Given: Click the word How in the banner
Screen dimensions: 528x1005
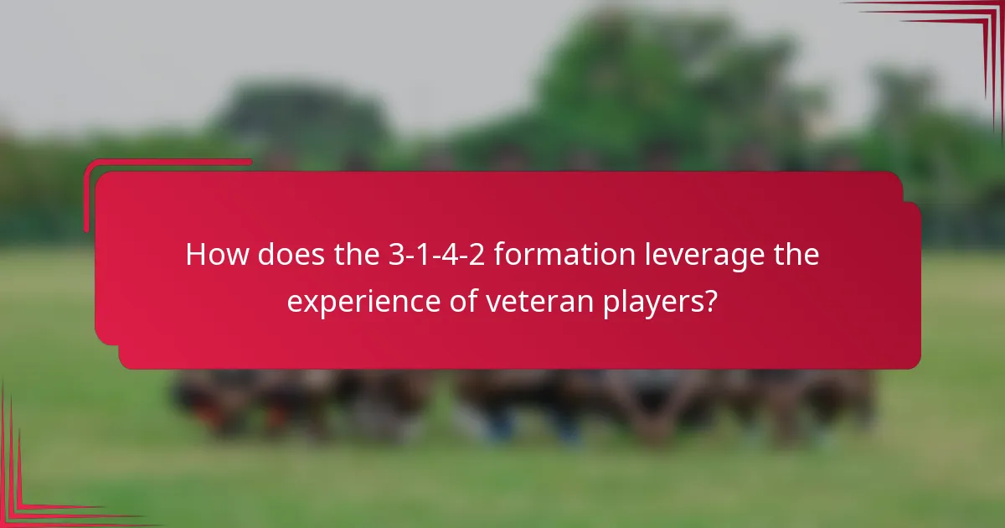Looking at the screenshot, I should [x=215, y=255].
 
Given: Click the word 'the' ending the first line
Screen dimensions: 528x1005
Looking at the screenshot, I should [x=796, y=255].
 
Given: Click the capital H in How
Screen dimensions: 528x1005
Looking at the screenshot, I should [x=195, y=255].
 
